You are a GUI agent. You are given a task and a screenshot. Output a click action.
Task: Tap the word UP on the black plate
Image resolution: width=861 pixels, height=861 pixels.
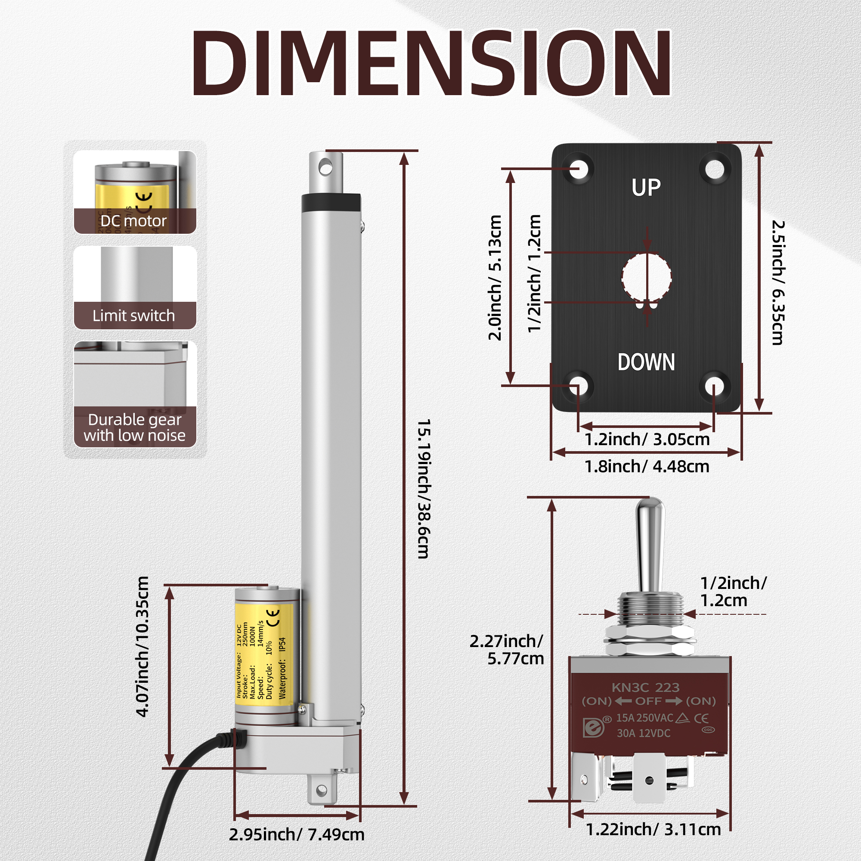point(646,188)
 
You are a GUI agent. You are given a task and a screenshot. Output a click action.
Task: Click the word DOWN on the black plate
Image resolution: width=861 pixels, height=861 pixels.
point(646,362)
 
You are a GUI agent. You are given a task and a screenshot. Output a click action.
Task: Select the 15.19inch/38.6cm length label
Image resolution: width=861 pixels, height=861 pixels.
point(423,489)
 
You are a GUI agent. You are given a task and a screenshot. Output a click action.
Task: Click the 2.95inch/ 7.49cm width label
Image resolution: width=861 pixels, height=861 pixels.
point(296,834)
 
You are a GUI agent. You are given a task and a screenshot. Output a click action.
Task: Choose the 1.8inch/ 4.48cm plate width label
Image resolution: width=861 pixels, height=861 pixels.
point(647,467)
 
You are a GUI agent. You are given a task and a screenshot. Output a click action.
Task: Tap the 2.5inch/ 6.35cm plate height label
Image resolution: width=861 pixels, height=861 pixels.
point(778,282)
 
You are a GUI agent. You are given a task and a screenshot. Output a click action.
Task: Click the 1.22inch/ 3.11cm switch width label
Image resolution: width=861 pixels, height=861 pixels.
point(653,830)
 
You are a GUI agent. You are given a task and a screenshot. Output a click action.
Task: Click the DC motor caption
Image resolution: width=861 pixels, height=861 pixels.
point(133,220)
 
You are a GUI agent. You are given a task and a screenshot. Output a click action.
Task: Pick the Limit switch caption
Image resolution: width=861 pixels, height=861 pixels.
point(133,316)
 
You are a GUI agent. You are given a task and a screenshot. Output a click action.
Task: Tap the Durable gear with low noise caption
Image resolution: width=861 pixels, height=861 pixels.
point(135,427)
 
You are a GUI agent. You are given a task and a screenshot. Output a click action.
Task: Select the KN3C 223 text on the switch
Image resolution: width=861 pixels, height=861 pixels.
point(645,687)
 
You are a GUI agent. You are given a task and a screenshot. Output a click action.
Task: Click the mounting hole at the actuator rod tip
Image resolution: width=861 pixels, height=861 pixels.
point(326,168)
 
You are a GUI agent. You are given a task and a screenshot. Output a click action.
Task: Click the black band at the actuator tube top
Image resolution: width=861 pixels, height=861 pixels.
point(331,201)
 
